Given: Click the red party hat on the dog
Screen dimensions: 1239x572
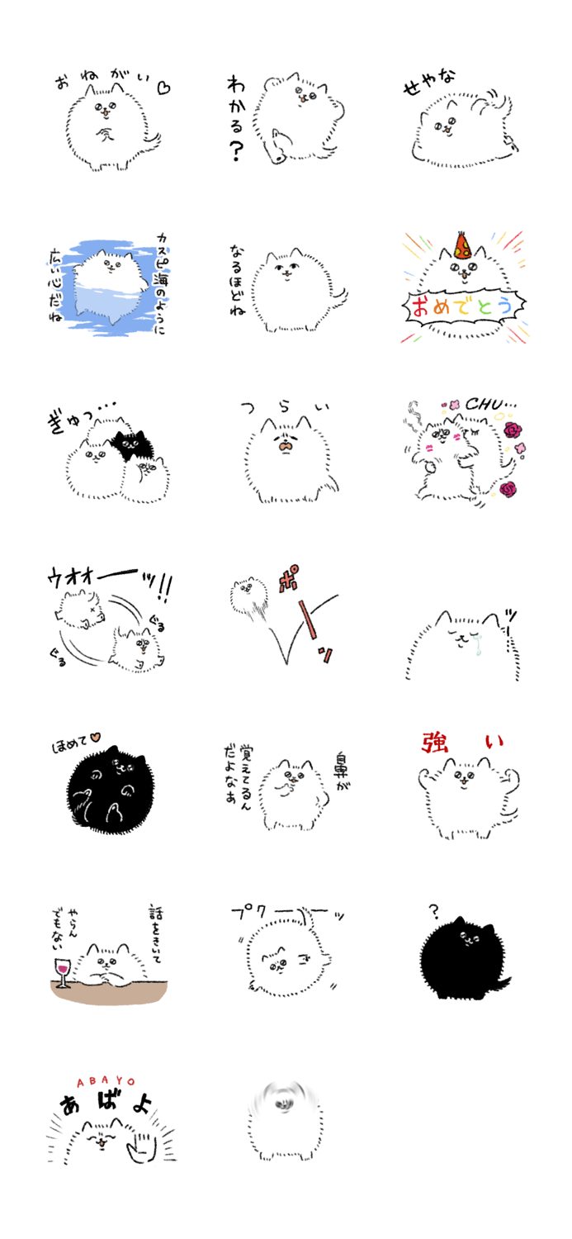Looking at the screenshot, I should tap(459, 244).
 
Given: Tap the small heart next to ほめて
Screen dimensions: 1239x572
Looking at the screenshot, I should tap(96, 736).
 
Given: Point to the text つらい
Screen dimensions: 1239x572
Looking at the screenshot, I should tap(284, 407).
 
